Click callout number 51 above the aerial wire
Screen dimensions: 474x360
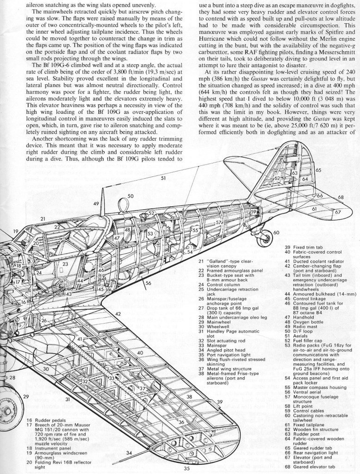163,178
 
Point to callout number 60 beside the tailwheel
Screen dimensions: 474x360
276,232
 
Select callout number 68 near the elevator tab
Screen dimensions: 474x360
341,198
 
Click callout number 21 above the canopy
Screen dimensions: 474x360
43,219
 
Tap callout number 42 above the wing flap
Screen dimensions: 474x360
118,314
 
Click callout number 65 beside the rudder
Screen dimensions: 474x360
319,170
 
